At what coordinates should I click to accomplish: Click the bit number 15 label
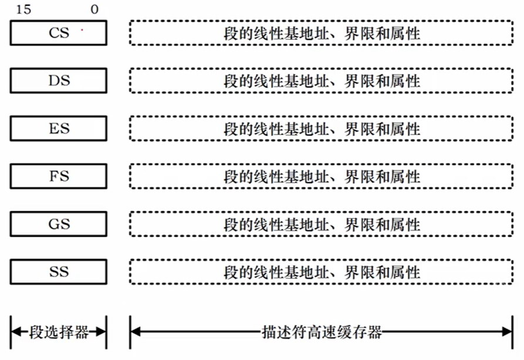point(23,9)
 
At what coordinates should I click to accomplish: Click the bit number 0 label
point(94,9)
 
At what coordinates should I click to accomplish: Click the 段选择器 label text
point(59,332)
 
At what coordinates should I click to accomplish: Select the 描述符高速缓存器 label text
point(322,332)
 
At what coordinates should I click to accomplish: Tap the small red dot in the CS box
point(82,30)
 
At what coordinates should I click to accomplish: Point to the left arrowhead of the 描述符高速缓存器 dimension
point(136,332)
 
